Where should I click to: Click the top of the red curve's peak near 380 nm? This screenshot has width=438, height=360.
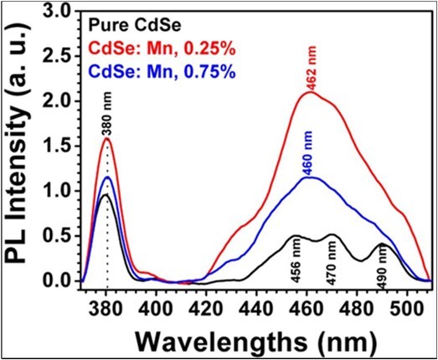(106, 139)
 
